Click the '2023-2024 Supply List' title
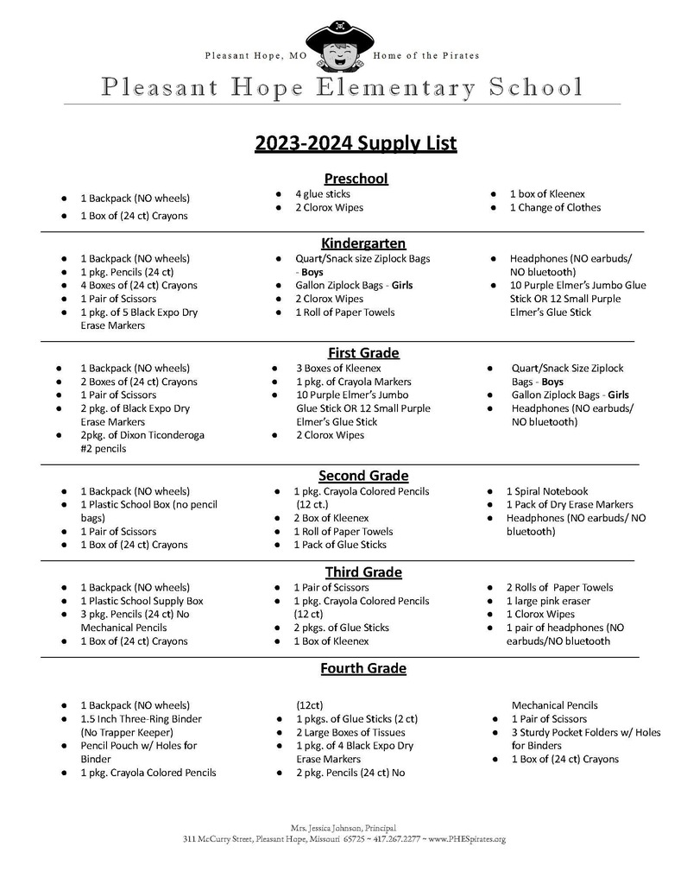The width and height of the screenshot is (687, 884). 356,142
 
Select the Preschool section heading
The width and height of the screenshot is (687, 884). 356,179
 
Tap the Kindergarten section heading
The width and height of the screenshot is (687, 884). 363,243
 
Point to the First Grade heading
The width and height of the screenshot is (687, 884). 363,352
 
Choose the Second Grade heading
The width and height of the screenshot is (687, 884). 363,476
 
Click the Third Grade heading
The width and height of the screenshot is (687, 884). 363,572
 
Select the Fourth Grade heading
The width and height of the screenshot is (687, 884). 363,668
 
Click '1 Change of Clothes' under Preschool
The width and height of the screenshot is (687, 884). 555,208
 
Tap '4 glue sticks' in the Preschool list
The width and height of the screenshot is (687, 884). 323,194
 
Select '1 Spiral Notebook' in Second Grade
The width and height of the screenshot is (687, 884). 547,491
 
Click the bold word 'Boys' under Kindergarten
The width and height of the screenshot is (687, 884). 312,272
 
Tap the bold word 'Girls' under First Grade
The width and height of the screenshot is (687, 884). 618,395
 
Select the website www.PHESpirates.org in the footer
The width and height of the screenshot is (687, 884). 467,839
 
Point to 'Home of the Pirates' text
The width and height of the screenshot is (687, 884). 425,56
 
